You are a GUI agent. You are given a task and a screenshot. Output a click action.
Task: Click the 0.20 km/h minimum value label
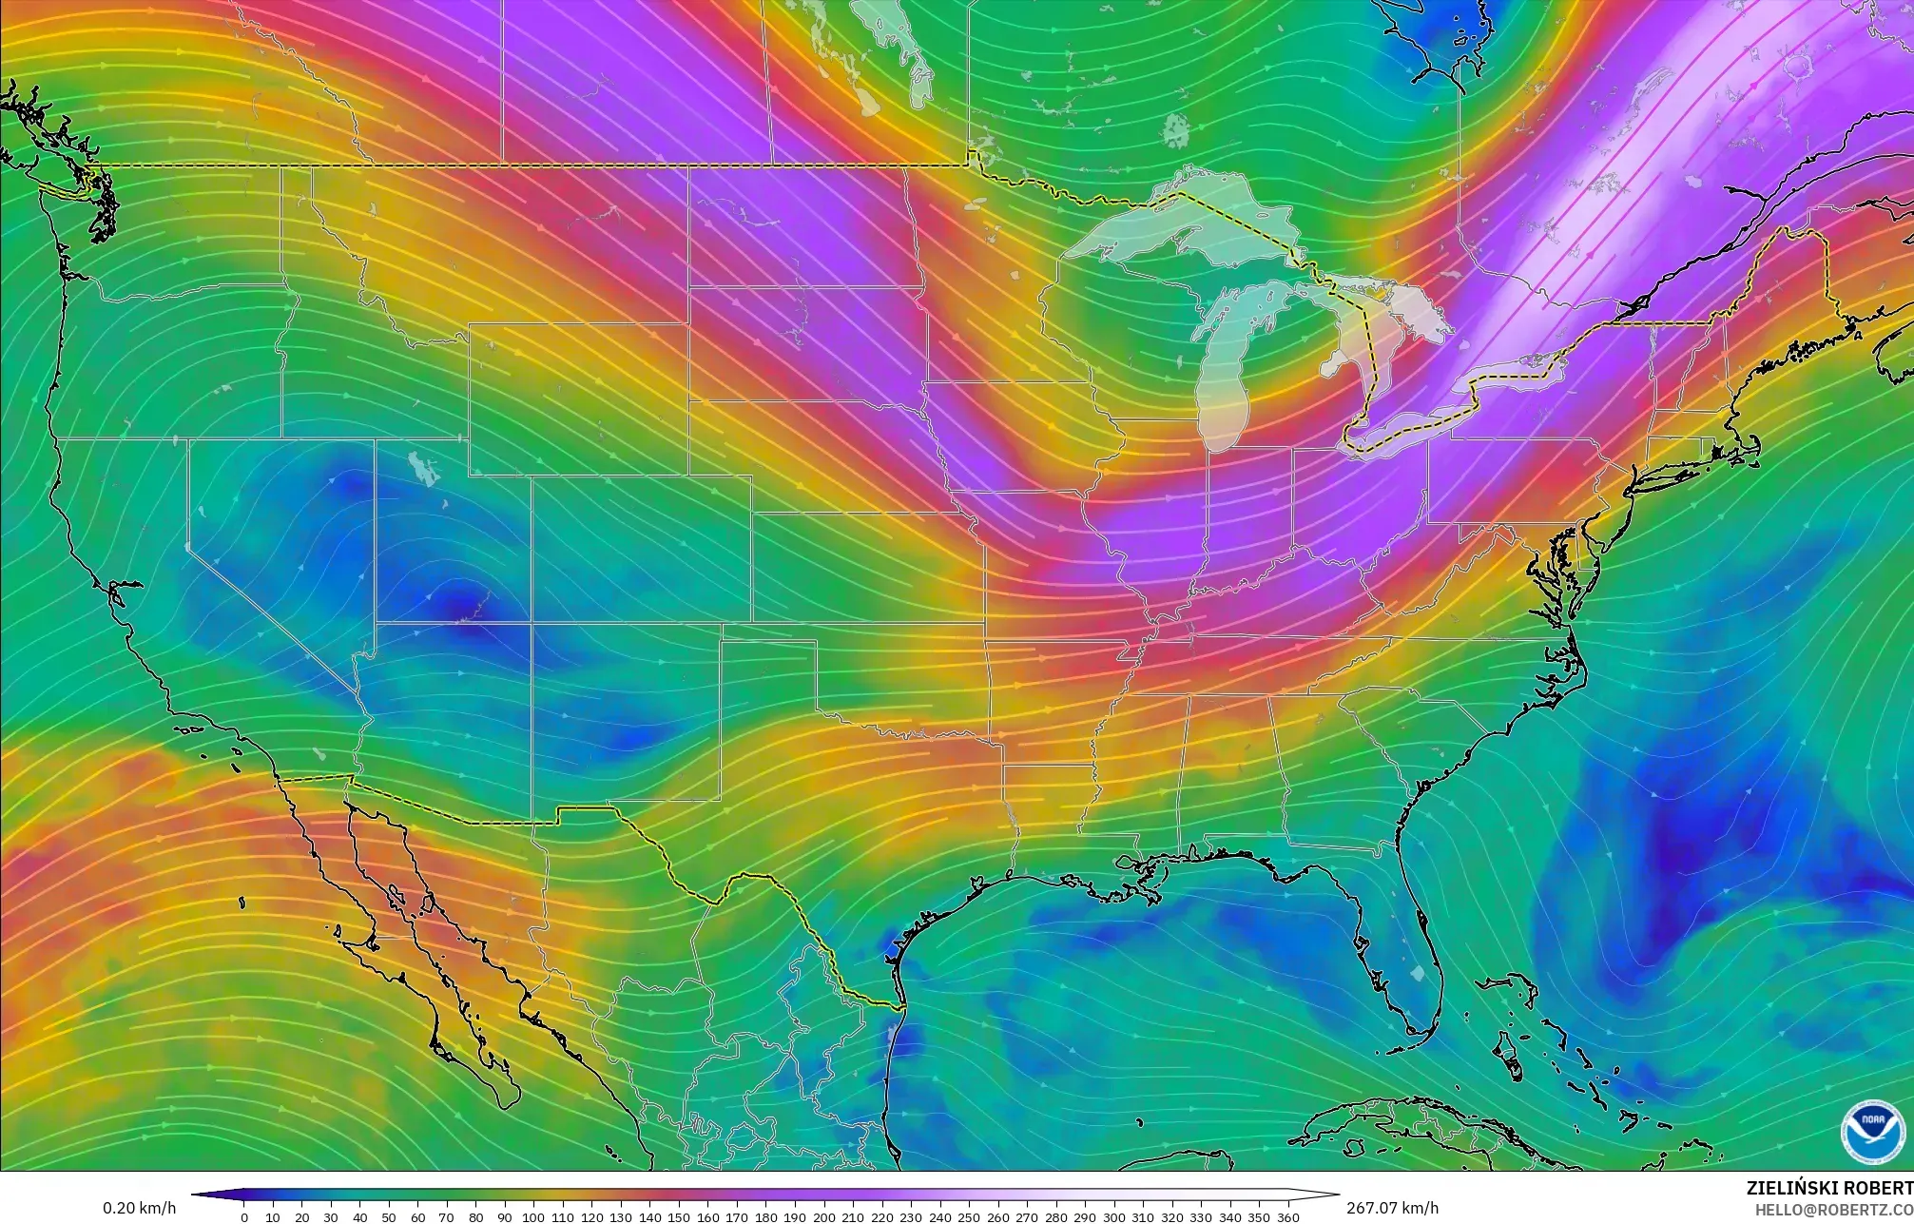coord(139,1208)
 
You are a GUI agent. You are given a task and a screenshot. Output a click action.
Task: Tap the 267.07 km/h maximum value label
coord(1392,1208)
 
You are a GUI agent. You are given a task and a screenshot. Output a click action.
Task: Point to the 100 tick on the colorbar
coord(533,1217)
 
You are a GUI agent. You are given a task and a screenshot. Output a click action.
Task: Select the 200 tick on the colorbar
coord(823,1217)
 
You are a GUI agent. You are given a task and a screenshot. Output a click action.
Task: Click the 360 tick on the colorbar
coord(1287,1217)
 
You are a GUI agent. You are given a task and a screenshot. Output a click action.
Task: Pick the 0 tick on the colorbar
coord(244,1217)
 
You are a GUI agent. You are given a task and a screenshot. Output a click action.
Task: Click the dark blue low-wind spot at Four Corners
coord(461,605)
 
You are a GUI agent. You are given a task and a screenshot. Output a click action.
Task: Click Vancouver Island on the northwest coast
coord(38,124)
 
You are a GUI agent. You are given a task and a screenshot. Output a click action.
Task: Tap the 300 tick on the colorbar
coord(1113,1217)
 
